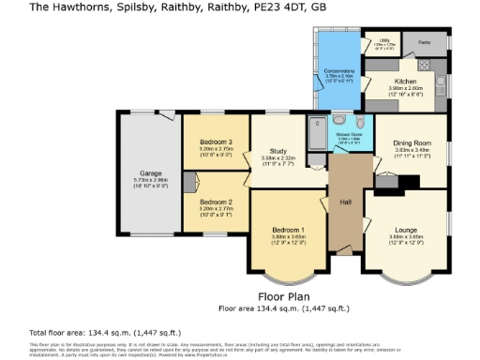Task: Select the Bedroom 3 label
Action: pyautogui.click(x=216, y=142)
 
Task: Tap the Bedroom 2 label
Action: pyautogui.click(x=216, y=202)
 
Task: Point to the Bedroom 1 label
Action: pyautogui.click(x=288, y=230)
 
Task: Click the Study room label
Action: pyautogui.click(x=277, y=151)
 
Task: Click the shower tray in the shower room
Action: pyautogui.click(x=319, y=126)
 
